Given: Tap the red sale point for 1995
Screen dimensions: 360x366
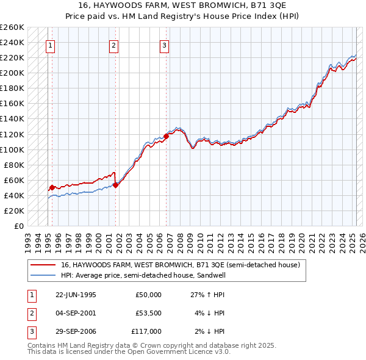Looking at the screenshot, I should coord(52,187).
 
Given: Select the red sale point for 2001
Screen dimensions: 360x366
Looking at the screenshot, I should coord(116,185).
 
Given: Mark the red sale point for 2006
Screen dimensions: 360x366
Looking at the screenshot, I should coord(167,136).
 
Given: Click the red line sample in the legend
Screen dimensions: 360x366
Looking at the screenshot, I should coord(43,265).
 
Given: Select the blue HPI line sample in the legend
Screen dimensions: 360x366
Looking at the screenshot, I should coord(43,275).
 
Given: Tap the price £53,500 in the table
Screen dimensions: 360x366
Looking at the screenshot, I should coord(148,313).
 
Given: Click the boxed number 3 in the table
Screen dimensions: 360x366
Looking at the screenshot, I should coord(30,331).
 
